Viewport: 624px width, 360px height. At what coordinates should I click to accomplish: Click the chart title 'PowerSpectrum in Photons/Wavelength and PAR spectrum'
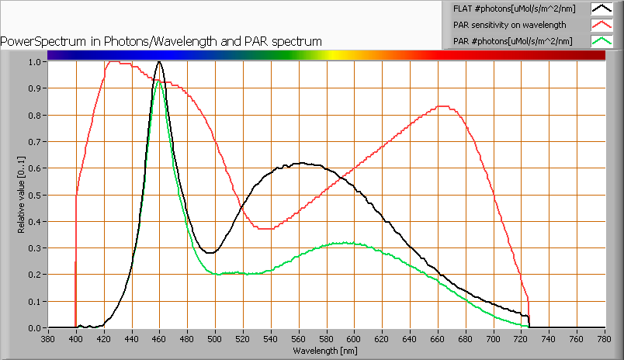161,41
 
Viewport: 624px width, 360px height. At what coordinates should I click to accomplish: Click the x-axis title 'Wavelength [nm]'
325,351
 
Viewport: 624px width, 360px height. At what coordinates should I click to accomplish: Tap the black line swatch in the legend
601,9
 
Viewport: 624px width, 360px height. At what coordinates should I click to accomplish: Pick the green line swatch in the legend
601,41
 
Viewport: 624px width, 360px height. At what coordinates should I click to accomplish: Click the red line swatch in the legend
601,25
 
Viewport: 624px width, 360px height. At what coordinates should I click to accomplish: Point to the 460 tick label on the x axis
159,338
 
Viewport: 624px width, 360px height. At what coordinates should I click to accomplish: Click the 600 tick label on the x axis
354,338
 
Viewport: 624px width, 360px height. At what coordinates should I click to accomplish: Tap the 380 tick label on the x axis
48,338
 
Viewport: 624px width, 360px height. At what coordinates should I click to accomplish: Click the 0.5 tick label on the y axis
35,195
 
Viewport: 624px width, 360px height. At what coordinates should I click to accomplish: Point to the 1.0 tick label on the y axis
35,62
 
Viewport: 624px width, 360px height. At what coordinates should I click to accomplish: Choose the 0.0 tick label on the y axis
35,328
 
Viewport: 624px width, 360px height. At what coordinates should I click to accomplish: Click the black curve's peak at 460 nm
159,61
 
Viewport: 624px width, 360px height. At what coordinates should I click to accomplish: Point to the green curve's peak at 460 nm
160,81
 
